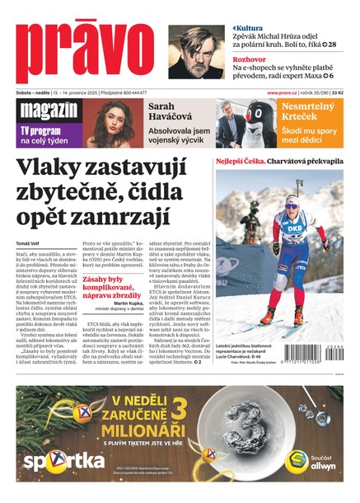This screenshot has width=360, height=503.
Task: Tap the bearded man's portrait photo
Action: tap(196, 52)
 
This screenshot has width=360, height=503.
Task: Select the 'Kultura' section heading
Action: tap(252, 28)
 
